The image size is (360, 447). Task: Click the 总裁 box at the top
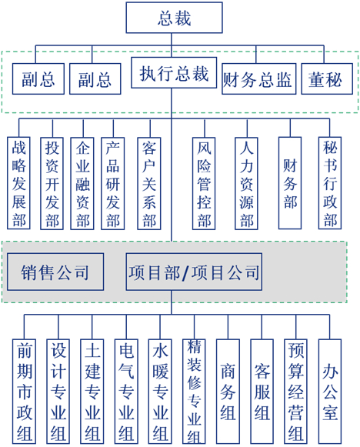point(174,18)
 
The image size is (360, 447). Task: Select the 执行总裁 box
point(174,72)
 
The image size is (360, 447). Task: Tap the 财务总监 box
point(258,79)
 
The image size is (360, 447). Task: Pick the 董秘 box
point(327,79)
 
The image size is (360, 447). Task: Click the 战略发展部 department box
point(18,183)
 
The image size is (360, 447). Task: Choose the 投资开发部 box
point(52,183)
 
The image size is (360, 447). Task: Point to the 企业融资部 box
point(82,183)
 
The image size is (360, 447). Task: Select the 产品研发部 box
point(113,183)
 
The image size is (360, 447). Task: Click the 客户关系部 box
point(149,183)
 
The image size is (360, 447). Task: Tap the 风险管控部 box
point(204,183)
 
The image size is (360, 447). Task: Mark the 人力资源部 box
point(246,183)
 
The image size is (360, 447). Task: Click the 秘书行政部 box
point(330,183)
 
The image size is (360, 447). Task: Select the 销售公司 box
point(55,272)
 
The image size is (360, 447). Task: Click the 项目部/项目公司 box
point(194,272)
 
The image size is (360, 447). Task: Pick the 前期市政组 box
point(24,391)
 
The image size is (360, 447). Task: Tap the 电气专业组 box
point(126,391)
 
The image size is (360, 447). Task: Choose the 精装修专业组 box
point(194,391)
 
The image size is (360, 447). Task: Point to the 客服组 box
point(262,391)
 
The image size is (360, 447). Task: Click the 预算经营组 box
point(296,391)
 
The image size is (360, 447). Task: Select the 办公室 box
point(330,391)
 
